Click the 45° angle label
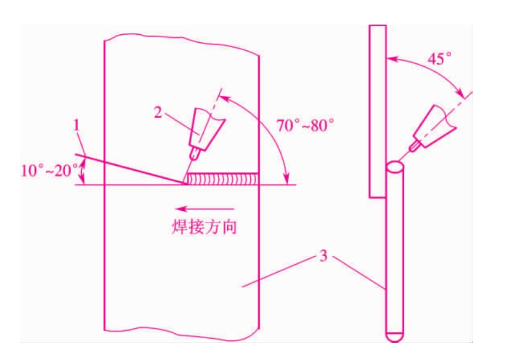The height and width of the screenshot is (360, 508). [x=440, y=59]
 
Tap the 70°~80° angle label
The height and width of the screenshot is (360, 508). [x=305, y=125]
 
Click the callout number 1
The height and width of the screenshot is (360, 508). [x=76, y=125]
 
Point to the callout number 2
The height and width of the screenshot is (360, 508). [x=158, y=112]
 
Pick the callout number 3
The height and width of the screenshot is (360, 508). [x=324, y=256]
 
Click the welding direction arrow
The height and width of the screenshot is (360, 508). [x=204, y=209]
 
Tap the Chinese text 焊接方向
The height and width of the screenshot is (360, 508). [x=204, y=226]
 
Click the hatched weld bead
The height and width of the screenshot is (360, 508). [x=222, y=179]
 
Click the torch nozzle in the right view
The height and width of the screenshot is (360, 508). [x=434, y=126]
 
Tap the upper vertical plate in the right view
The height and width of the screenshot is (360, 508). [x=378, y=111]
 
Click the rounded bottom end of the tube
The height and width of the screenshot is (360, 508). [x=395, y=337]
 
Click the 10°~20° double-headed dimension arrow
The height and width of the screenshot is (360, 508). [x=82, y=172]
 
